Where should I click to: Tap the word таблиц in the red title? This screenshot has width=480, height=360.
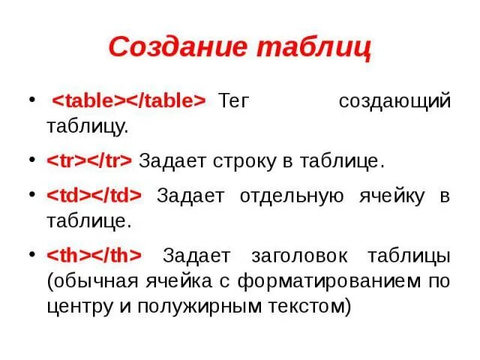point(314,46)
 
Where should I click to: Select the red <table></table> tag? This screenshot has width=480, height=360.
point(127,101)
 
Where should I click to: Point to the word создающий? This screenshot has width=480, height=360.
point(394,101)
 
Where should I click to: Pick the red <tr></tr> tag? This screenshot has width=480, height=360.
point(89,160)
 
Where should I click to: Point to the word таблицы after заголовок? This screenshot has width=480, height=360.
point(409,255)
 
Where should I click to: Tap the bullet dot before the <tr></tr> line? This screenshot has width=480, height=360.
point(30,160)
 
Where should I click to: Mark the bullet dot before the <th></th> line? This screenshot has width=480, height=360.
point(30,254)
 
